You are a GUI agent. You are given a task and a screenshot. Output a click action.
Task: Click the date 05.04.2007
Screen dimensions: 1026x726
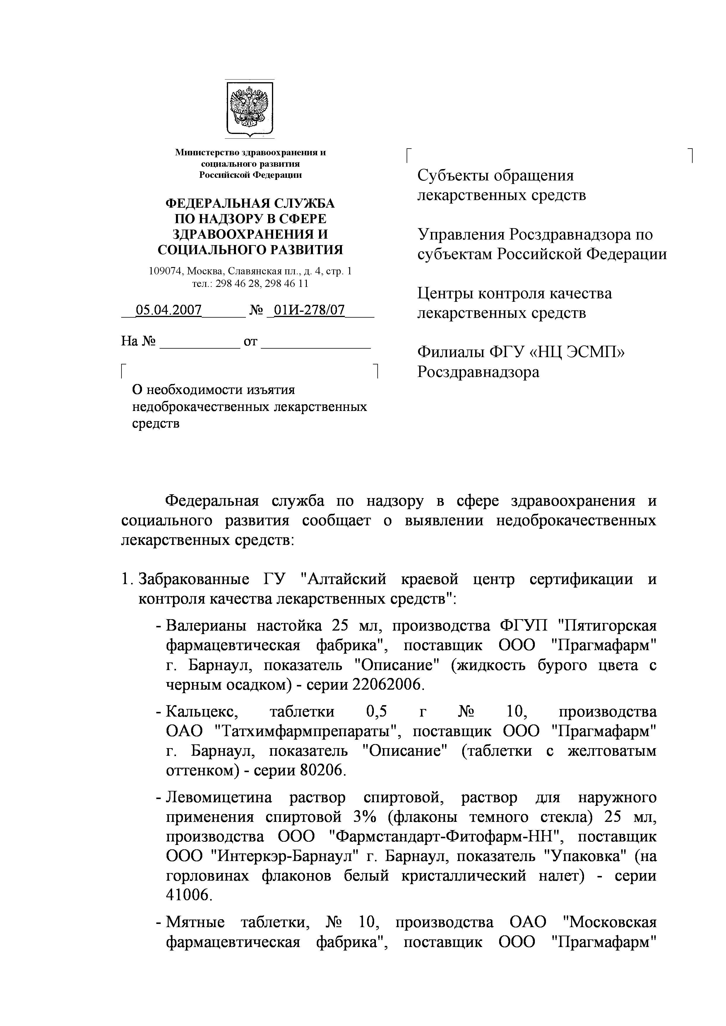pos(169,310)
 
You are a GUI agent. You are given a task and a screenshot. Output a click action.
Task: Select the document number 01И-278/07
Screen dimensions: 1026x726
pos(309,310)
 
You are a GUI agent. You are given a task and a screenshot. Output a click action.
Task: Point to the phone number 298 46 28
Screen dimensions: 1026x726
pos(234,283)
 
